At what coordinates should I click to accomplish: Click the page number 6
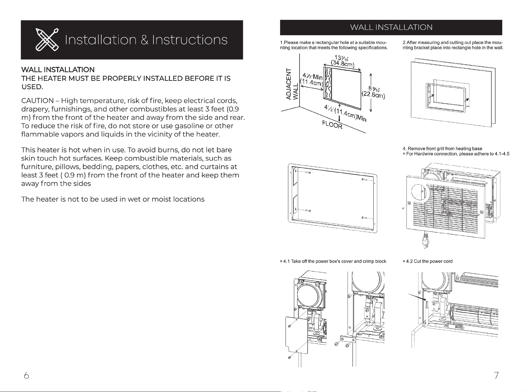(x=26, y=375)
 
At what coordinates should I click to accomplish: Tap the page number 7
(x=496, y=375)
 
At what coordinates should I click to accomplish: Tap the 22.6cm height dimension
(x=373, y=95)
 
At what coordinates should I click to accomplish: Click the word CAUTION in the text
(x=37, y=101)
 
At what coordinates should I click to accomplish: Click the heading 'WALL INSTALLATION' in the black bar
(x=391, y=28)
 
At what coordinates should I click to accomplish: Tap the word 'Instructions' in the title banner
(x=190, y=40)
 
